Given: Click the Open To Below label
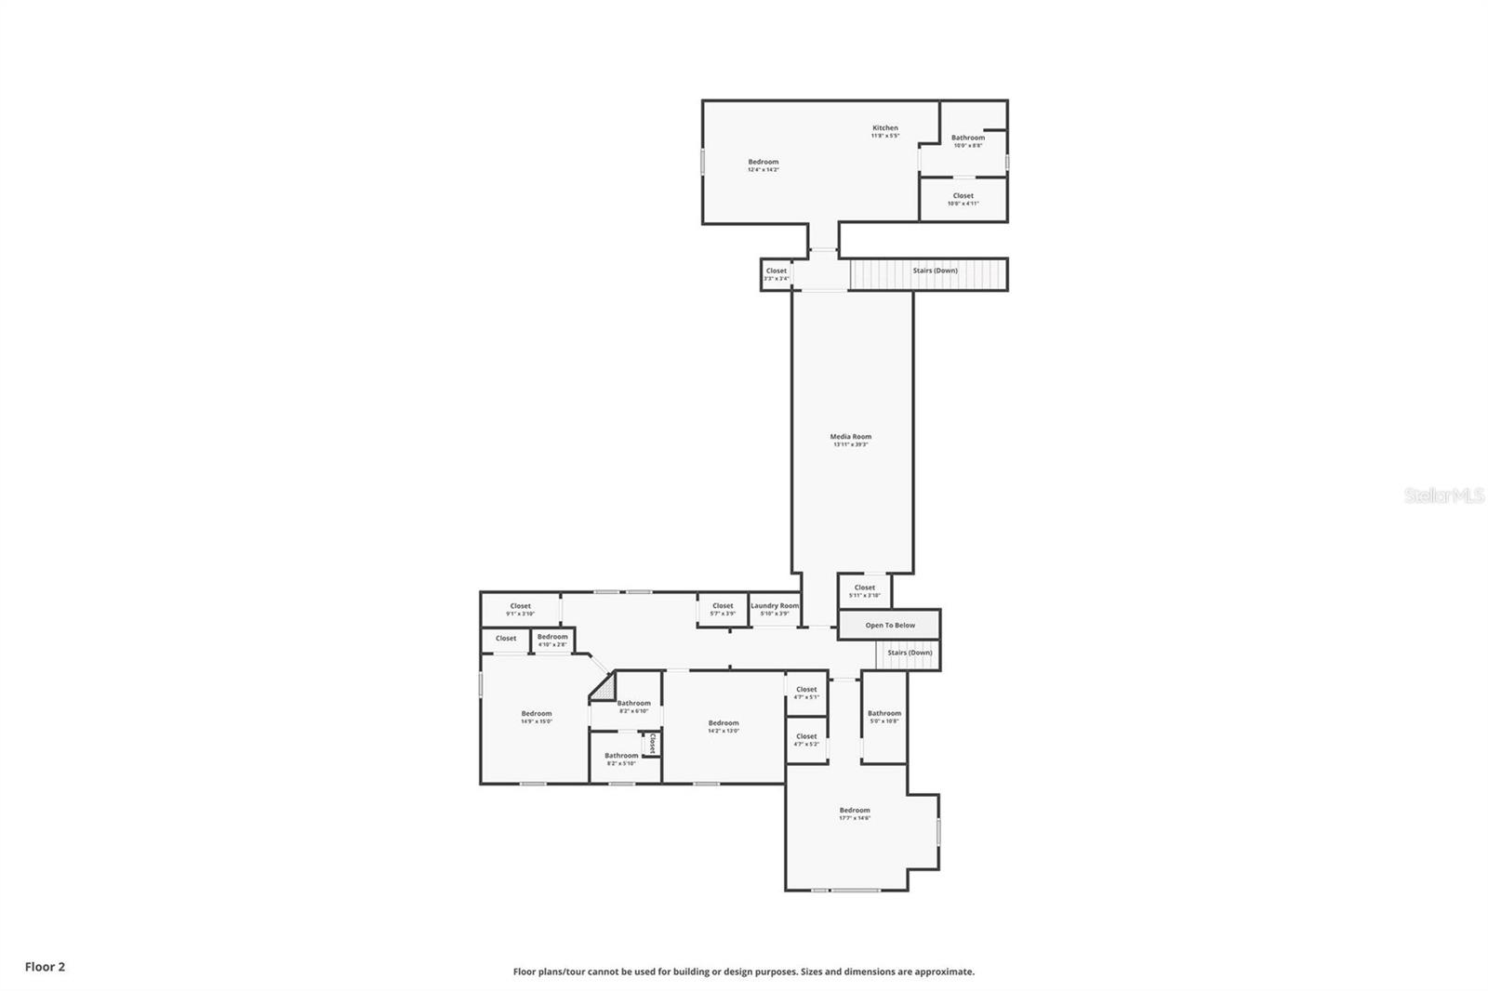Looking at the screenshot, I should click(890, 625).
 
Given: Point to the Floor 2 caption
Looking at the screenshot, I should click(45, 967).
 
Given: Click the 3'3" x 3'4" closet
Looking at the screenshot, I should click(777, 274).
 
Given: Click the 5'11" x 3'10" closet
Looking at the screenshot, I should click(864, 590).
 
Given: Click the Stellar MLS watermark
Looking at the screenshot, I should click(1443, 495).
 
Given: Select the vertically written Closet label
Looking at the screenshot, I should click(653, 744).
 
